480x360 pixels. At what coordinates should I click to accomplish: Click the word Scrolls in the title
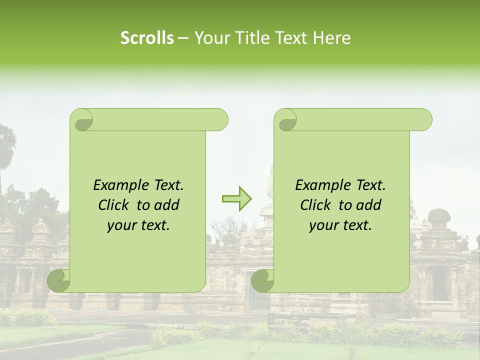[x=147, y=38]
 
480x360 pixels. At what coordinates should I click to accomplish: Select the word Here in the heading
[x=332, y=38]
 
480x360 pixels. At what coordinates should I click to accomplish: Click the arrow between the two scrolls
[x=236, y=199]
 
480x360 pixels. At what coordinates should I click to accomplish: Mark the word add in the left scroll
[x=167, y=205]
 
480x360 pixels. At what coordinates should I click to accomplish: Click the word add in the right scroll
[x=369, y=205]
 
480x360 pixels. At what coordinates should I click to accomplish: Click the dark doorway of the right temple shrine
[x=439, y=283]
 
